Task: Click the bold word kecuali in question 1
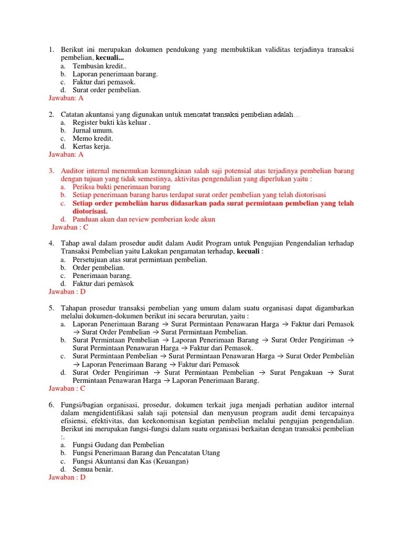pyautogui.click(x=111, y=57)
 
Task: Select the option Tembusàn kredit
pyautogui.click(x=100, y=66)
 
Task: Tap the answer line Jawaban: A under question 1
pyautogui.click(x=66, y=98)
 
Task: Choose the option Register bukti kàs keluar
pyautogui.click(x=111, y=122)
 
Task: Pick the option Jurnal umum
pyautogui.click(x=93, y=130)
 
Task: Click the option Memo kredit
pyautogui.click(x=93, y=138)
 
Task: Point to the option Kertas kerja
pyautogui.click(x=92, y=146)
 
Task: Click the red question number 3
pyautogui.click(x=51, y=171)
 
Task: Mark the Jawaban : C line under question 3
pyautogui.click(x=70, y=227)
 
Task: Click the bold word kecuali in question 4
pyautogui.click(x=249, y=251)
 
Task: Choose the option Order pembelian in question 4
pyautogui.click(x=99, y=267)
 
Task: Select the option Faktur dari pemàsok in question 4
pyautogui.click(x=103, y=284)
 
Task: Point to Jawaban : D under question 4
pyautogui.click(x=67, y=292)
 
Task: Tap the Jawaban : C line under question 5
pyautogui.click(x=67, y=389)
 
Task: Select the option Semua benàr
pyautogui.click(x=93, y=469)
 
